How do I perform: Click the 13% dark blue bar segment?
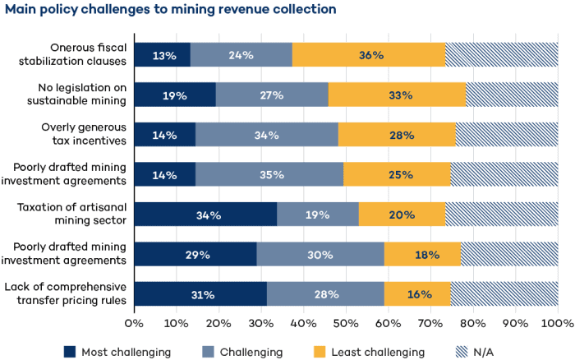pyautogui.click(x=162, y=55)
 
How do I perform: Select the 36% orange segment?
pyautogui.click(x=368, y=55)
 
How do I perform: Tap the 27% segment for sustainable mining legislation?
pyautogui.click(x=272, y=95)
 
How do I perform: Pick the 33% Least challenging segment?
pyautogui.click(x=397, y=95)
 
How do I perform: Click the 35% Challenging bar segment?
pyautogui.click(x=269, y=175)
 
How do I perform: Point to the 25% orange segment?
pyautogui.click(x=397, y=175)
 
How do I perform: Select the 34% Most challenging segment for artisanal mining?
pyautogui.click(x=205, y=215)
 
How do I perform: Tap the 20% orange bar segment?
pyautogui.click(x=402, y=215)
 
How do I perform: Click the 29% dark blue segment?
pyautogui.click(x=195, y=255)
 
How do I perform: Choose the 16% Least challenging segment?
pyautogui.click(x=417, y=294)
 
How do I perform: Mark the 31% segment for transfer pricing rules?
pyautogui.click(x=200, y=294)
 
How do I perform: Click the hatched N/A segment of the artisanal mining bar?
pyautogui.click(x=501, y=215)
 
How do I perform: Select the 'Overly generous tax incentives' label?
pyautogui.click(x=84, y=135)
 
